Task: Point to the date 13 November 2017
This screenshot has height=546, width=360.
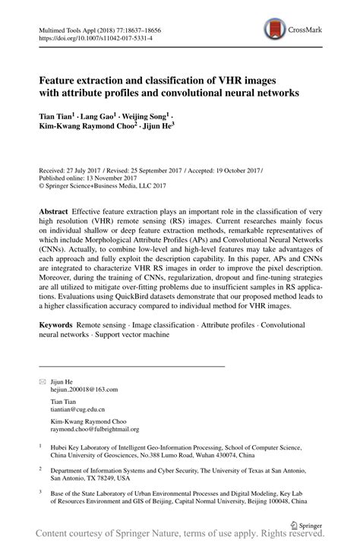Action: [112, 178]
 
